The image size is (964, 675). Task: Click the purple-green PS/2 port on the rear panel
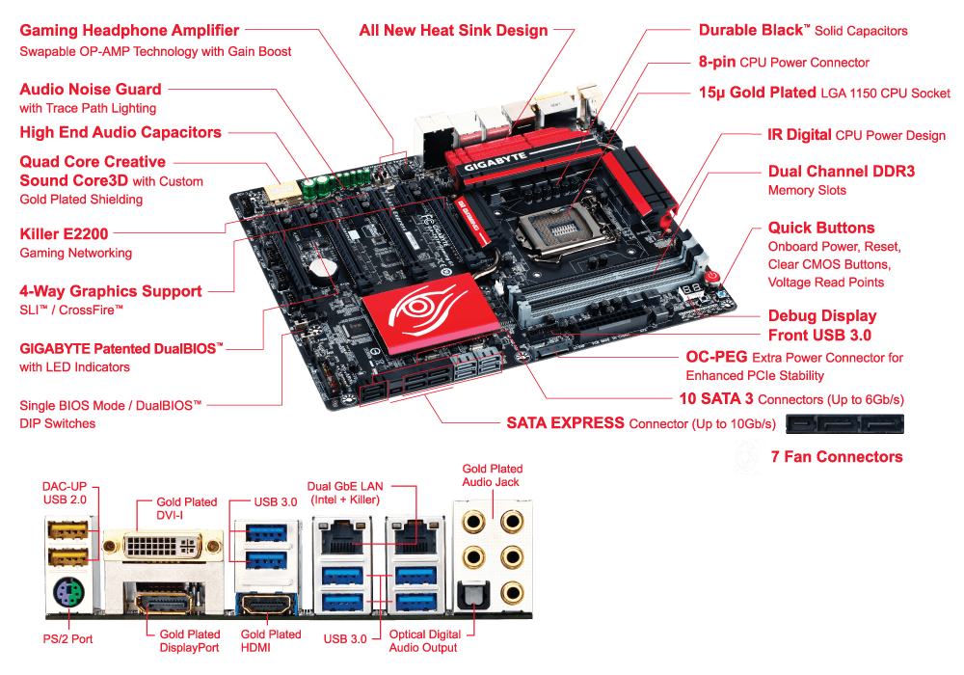coord(68,594)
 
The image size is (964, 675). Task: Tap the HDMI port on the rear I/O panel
coord(267,604)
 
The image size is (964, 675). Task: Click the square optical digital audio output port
coord(473,597)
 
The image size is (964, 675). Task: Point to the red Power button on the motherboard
coord(712,277)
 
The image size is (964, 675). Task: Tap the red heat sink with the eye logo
coord(429,313)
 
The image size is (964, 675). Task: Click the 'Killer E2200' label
coord(64,233)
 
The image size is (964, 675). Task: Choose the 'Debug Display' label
coord(822,316)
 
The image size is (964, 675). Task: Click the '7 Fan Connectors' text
coord(837,456)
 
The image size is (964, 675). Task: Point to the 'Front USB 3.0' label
coord(819,335)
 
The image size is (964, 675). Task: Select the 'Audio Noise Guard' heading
coord(91,89)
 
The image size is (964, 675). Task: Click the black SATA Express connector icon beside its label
coord(844,424)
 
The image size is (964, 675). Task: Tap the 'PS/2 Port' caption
coord(67,638)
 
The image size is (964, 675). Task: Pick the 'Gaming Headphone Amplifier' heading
coord(129,31)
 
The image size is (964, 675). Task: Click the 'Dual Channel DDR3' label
coord(841,171)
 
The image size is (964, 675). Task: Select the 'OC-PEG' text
coord(716,357)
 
